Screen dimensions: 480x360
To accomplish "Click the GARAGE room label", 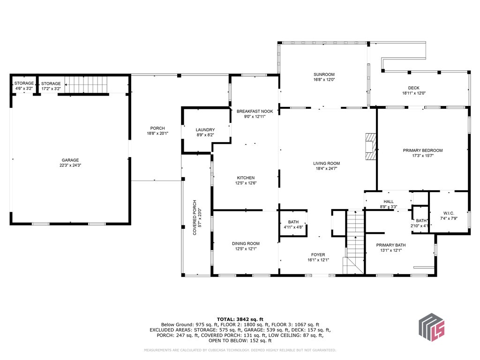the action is [70, 160].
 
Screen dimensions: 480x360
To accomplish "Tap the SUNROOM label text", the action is [324, 75].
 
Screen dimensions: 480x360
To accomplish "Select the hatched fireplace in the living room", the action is [371, 146].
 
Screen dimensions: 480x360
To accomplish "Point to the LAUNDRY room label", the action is [205, 130].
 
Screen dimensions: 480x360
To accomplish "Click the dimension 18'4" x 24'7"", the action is [326, 168].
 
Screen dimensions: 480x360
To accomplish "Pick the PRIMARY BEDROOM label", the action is [423, 150].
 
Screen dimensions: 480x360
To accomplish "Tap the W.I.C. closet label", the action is [449, 213].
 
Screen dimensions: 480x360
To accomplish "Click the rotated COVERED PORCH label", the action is [195, 217].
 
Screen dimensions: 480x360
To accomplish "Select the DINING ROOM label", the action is [246, 243].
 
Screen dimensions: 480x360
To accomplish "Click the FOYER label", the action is [318, 255].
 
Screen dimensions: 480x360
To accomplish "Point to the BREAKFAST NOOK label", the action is [255, 112].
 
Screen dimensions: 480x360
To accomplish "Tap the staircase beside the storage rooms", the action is [86, 84].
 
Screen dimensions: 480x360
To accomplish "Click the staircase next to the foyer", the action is [354, 242].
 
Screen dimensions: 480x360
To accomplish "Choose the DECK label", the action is [413, 88].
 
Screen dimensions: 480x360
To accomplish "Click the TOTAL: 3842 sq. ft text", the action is [240, 319].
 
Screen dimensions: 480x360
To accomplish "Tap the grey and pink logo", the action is [431, 327].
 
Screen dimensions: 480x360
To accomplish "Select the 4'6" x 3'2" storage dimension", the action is [24, 89].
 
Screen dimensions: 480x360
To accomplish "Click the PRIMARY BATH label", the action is [391, 245].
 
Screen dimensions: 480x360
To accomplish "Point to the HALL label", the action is [389, 202].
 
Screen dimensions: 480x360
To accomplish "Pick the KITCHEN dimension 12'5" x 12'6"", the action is [246, 183].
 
